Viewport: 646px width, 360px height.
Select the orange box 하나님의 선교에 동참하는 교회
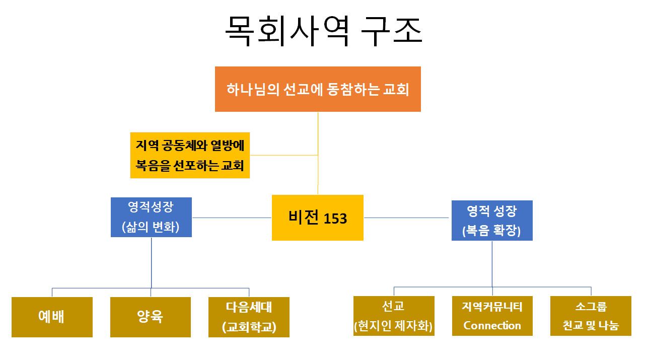(x=318, y=89)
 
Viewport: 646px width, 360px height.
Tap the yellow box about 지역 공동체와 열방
(x=190, y=155)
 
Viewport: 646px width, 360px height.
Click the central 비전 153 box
(x=317, y=218)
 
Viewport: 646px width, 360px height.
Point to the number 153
(x=335, y=219)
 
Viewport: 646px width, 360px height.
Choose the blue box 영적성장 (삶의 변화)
(x=152, y=217)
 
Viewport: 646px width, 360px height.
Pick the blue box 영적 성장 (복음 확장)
(x=492, y=221)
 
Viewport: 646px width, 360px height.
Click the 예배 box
(x=52, y=317)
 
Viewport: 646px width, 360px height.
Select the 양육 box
(x=150, y=317)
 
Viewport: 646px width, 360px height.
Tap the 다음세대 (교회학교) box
(x=249, y=317)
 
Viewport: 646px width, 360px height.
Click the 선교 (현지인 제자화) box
(x=394, y=316)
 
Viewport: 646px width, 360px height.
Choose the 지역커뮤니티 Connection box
(x=492, y=316)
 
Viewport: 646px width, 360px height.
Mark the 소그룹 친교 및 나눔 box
(x=591, y=316)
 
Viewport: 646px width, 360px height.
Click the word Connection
(x=492, y=325)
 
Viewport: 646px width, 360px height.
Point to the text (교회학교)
(x=249, y=327)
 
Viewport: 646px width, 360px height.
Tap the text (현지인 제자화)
(x=394, y=326)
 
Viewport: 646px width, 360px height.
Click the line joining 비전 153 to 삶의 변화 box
(x=232, y=218)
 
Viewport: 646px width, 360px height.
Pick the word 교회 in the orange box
(x=395, y=90)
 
